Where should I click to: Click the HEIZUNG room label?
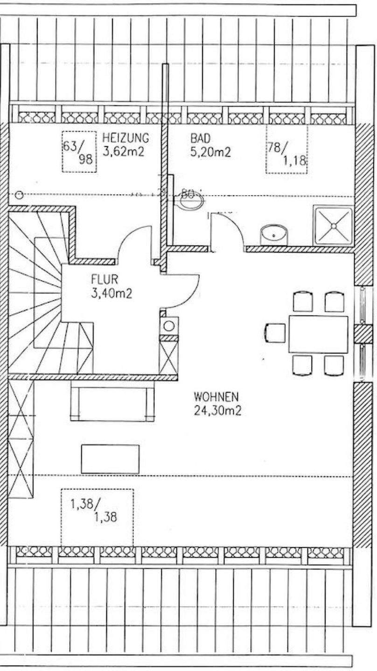tap(126, 138)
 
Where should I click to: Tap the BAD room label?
tap(200, 138)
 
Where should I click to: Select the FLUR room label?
tap(105, 280)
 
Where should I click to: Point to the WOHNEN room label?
tap(216, 397)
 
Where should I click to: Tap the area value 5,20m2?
tap(210, 152)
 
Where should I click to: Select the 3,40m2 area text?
tap(111, 294)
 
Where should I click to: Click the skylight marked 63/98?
tap(79, 152)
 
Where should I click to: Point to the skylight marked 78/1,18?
tap(286, 149)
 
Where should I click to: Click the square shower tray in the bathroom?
tap(334, 226)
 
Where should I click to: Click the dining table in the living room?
tap(318, 334)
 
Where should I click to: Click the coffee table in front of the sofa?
tap(110, 459)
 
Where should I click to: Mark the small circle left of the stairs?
tap(19, 195)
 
